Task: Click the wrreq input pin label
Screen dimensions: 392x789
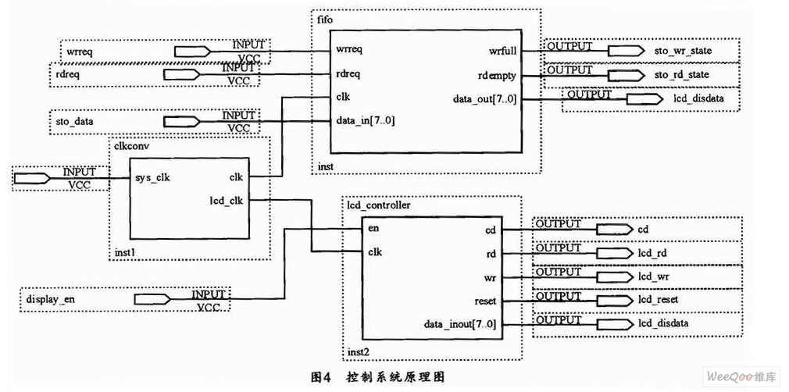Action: pos(77,52)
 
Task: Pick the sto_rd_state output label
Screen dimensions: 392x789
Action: pos(682,75)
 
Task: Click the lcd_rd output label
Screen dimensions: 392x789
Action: pos(652,253)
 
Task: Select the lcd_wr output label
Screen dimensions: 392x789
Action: pos(652,276)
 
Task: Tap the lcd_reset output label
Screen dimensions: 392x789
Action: pos(657,300)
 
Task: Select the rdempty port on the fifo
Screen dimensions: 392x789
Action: pos(497,75)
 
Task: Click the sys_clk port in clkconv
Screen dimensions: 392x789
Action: pos(152,176)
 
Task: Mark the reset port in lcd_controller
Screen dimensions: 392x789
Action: pos(485,300)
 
